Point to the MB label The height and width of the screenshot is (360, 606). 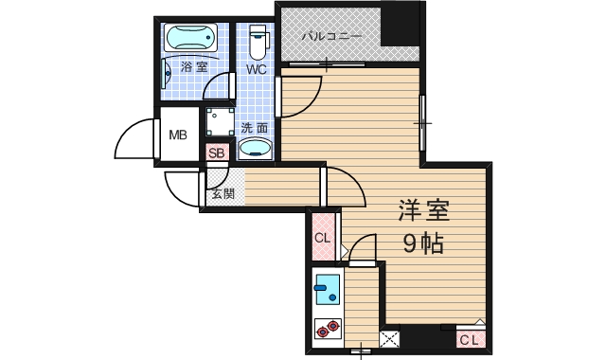179,135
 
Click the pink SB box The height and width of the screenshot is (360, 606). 216,152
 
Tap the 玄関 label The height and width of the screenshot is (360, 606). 223,194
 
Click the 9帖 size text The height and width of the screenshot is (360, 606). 419,243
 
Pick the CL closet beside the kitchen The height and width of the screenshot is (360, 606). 322,238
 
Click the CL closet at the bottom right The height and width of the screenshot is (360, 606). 471,339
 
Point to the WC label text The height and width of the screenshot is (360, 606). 257,70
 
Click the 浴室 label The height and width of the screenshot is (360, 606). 194,68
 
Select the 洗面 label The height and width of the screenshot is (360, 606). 254,127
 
